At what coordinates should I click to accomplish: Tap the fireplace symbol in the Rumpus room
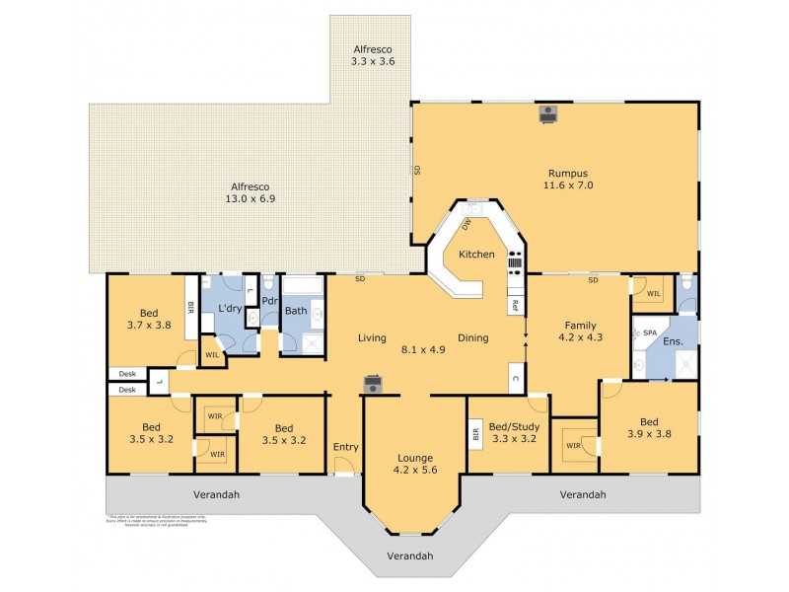(548, 113)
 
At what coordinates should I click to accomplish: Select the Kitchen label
(475, 255)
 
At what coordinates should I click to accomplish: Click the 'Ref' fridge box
(514, 306)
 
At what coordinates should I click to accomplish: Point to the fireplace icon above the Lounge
(373, 384)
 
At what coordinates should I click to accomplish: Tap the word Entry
(345, 447)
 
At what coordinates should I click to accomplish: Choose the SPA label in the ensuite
(650, 333)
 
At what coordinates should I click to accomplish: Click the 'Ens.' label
(674, 341)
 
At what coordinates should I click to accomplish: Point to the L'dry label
(230, 309)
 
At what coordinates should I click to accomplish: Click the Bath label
(296, 311)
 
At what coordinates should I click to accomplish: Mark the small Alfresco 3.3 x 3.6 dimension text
(373, 61)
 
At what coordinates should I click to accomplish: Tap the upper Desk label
(126, 373)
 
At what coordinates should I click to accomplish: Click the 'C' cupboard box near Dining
(514, 377)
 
